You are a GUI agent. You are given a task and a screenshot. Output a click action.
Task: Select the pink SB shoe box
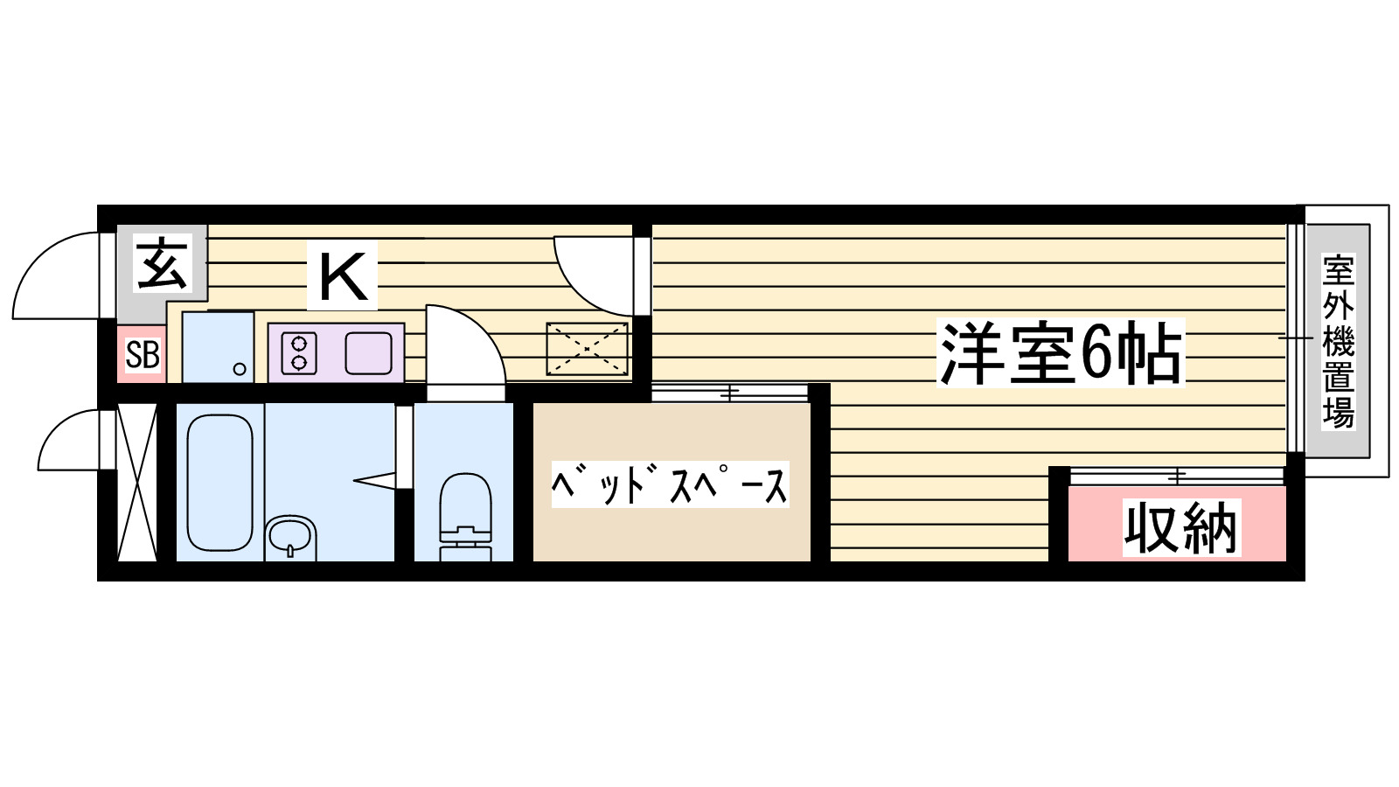coord(142,355)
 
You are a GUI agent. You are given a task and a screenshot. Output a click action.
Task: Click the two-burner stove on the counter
coord(299,352)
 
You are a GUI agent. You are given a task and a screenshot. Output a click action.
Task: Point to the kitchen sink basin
coord(368,352)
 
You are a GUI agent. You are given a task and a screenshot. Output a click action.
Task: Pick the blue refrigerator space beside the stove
coord(218,346)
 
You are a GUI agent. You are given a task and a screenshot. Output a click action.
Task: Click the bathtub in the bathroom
coord(219,482)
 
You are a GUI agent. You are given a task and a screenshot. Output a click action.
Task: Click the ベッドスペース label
coord(670,484)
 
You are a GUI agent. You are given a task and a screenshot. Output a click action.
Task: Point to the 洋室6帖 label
coord(1060,353)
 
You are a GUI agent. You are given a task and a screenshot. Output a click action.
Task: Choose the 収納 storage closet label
coord(1180,527)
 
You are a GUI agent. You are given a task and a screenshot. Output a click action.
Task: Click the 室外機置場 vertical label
coord(1337,341)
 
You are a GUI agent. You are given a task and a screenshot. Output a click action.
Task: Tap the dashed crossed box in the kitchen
coord(587,349)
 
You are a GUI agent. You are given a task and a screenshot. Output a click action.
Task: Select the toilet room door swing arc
coord(468,345)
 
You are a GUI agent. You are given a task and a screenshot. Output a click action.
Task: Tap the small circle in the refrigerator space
coord(240,369)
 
